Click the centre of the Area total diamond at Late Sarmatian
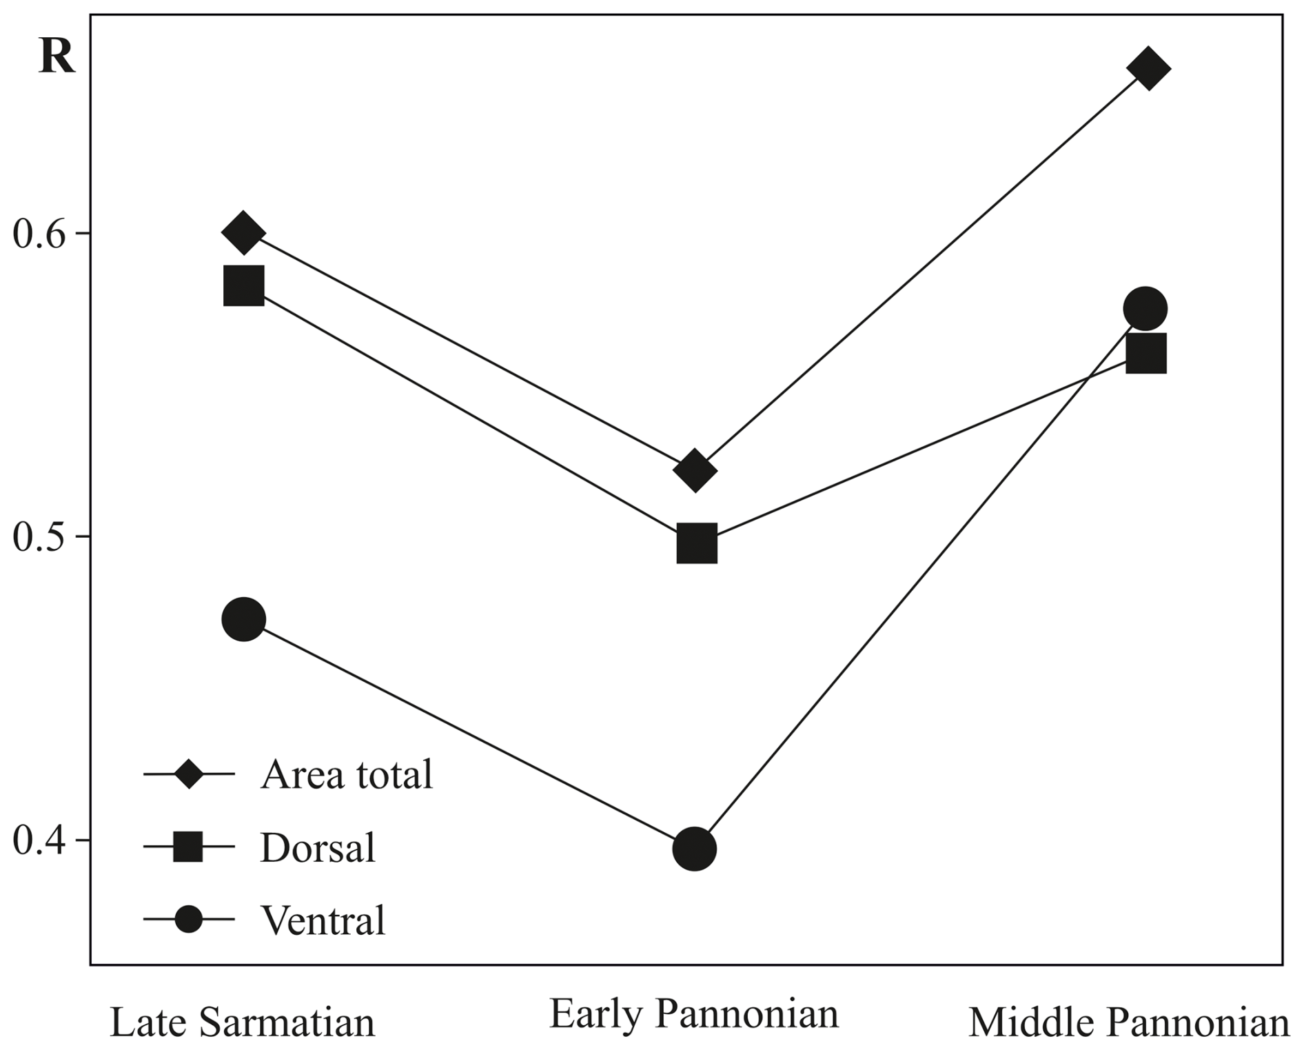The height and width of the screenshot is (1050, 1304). (243, 233)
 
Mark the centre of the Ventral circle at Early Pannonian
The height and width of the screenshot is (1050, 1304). (694, 849)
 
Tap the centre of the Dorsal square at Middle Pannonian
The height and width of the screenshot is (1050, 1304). (1146, 353)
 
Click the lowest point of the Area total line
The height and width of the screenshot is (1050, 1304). (695, 471)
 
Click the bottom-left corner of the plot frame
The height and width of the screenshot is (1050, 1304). (90, 965)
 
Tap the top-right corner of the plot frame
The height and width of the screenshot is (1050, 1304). (1283, 14)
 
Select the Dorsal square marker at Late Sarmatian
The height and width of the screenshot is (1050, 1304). (244, 285)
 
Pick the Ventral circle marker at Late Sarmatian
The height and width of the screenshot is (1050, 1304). (243, 620)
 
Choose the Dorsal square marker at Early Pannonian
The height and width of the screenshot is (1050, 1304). (697, 543)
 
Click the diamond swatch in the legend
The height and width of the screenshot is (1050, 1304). (188, 774)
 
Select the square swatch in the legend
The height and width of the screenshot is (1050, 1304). (188, 847)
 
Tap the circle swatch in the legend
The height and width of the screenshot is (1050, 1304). (188, 920)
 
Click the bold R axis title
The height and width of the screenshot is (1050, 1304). (57, 56)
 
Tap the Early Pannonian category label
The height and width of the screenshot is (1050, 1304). (694, 1014)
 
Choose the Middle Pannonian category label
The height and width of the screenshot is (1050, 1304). (1129, 1022)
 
